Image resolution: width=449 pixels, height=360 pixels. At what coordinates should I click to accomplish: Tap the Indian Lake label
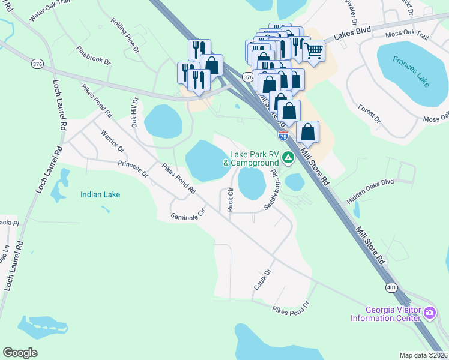pos(101,194)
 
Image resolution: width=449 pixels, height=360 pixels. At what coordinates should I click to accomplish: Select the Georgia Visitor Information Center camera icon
pos(430,313)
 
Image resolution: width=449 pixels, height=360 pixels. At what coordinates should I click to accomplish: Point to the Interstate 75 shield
pos(283,136)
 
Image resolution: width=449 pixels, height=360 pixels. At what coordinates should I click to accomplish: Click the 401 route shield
pos(391,287)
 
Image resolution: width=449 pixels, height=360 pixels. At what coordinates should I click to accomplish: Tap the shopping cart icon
pos(313,52)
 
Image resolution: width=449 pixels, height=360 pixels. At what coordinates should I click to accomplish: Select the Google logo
pos(20,353)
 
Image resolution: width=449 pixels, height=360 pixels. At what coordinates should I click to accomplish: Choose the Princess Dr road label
pos(133,169)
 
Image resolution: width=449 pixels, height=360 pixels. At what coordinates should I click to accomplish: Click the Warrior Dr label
pos(112,140)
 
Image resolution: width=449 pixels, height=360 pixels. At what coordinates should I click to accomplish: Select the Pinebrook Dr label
pos(94,53)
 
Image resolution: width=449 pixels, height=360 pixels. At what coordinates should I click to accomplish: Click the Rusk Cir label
pos(231,200)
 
